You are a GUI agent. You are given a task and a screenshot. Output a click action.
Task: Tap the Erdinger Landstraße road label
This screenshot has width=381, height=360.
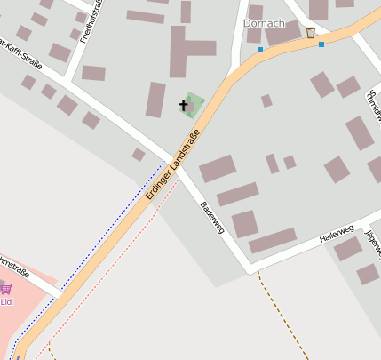(x=174, y=167)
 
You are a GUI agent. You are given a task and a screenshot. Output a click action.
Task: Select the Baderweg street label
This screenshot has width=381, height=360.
(x=212, y=216)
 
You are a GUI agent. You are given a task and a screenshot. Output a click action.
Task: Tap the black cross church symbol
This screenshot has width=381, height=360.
(x=185, y=106)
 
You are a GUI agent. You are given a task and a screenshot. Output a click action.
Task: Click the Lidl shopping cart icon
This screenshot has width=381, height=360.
(x=6, y=288)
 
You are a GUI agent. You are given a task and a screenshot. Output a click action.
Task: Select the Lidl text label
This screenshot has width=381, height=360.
(x=6, y=301)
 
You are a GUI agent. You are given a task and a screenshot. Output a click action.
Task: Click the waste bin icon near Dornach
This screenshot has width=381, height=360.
(x=310, y=33)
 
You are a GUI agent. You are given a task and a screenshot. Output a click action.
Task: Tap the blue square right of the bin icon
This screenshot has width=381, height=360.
(x=321, y=44)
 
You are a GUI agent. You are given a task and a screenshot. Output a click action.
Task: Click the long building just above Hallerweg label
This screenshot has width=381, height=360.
(x=273, y=240)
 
